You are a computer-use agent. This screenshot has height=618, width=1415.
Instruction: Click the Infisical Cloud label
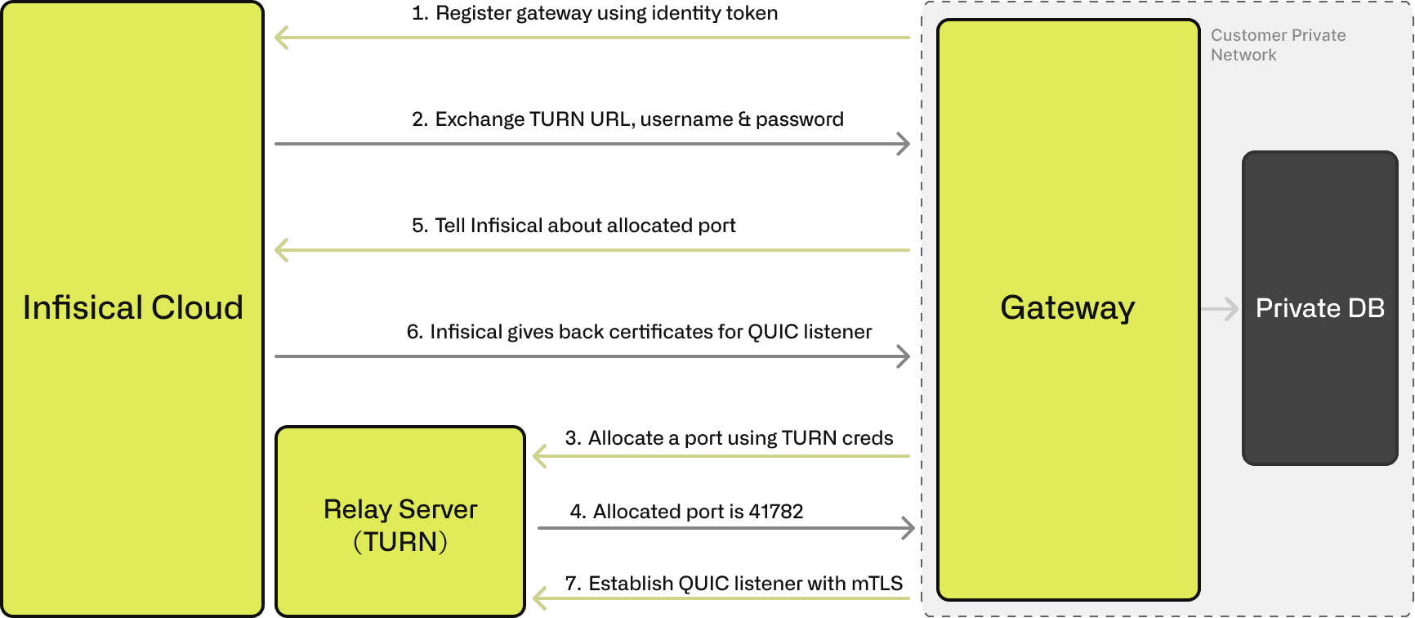[132, 307]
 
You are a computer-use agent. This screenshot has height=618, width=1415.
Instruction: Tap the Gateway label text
[1067, 307]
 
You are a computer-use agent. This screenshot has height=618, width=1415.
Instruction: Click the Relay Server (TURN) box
[400, 523]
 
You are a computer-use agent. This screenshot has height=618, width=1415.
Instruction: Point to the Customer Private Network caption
[1278, 45]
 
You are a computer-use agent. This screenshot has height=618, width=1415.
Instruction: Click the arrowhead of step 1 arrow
[281, 38]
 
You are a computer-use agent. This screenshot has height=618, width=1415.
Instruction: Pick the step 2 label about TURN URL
[627, 119]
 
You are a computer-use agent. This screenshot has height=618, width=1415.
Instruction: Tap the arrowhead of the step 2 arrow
[904, 144]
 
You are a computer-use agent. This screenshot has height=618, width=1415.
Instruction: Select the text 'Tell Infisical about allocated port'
[585, 226]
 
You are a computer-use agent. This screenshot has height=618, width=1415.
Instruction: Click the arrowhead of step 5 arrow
[281, 250]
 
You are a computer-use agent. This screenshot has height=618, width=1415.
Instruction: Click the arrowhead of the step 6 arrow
[904, 356]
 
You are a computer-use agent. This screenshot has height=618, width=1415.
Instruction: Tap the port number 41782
[776, 512]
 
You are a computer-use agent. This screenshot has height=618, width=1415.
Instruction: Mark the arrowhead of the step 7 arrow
[539, 598]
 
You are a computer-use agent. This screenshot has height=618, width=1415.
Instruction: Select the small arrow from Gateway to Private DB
[1221, 309]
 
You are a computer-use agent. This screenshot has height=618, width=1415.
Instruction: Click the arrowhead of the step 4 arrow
[908, 528]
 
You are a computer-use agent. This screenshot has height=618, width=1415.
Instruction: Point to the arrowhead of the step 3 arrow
[539, 456]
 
